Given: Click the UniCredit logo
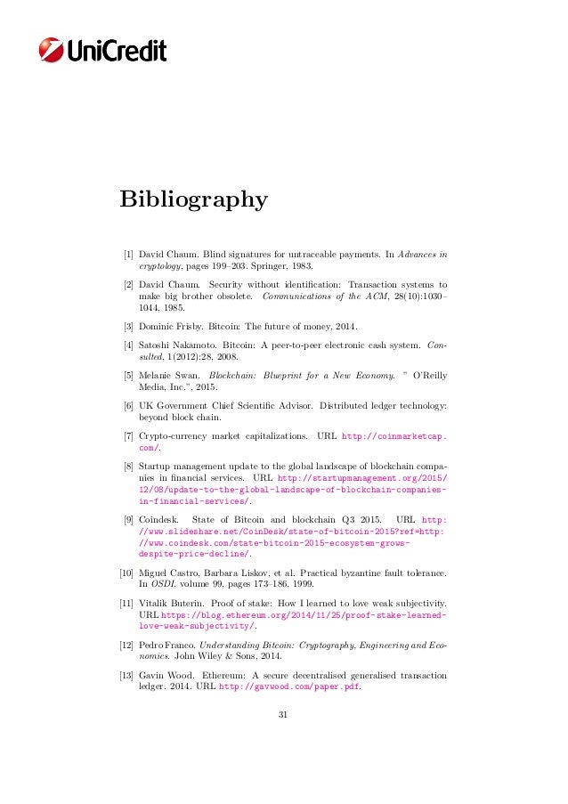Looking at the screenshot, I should point(103,50).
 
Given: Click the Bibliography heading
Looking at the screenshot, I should point(193,199).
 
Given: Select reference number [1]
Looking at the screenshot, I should point(128,254).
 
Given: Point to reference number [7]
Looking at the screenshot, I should point(128,437).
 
